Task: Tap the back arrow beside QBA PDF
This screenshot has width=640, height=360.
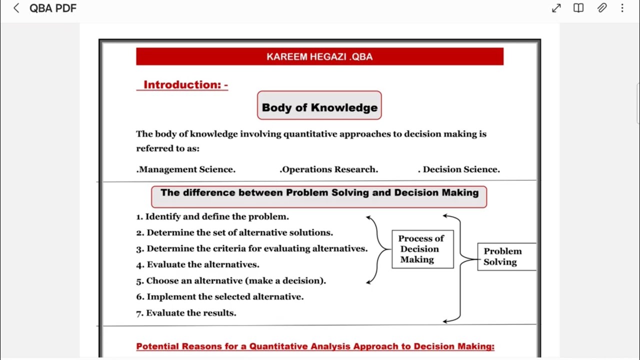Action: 16,8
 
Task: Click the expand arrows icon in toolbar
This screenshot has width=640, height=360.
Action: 556,8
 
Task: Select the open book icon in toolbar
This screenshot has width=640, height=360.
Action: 578,8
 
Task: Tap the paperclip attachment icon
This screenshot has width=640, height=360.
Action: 602,8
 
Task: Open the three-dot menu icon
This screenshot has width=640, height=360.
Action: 622,8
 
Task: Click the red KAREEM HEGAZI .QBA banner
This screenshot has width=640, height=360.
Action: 319,56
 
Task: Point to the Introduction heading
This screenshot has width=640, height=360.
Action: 185,84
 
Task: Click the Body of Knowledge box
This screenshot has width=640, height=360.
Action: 319,107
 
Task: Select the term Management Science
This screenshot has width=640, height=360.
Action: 186,169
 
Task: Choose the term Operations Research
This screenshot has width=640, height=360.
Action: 329,169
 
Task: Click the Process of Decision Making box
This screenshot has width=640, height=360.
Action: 422,249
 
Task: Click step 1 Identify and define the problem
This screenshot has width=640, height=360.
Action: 212,216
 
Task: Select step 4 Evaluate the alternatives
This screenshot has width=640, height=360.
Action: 198,264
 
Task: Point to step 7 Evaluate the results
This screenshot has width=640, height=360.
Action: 186,313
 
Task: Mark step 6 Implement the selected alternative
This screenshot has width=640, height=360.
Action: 220,297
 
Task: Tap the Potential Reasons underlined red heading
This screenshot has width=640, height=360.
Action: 315,346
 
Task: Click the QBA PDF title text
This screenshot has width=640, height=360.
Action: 53,8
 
